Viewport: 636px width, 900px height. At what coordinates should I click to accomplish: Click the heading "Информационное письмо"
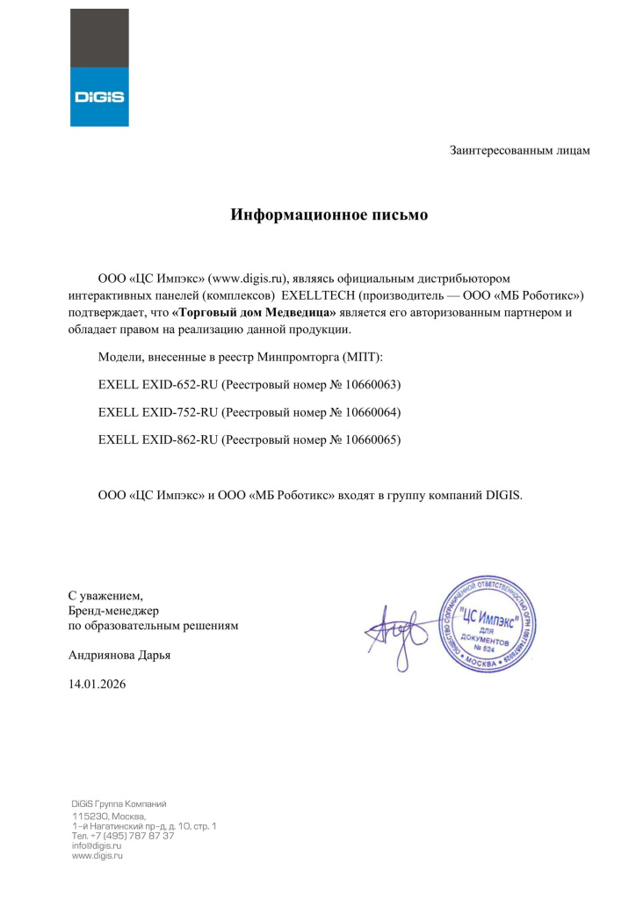[329, 214]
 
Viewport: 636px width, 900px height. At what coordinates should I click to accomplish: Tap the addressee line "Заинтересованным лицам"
[520, 150]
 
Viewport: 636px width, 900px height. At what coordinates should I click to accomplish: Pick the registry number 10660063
[372, 385]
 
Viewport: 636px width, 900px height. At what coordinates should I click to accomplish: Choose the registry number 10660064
[372, 412]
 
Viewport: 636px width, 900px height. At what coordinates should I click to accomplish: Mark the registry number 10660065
[372, 439]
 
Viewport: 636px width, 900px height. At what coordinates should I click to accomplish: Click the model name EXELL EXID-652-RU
[157, 385]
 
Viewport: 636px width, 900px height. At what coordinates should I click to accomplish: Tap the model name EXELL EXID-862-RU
[157, 439]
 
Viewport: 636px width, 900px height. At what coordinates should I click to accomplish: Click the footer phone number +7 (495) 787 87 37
[122, 836]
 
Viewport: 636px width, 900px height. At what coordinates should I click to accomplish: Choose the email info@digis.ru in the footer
[96, 846]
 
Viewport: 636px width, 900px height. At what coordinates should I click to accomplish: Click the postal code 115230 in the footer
[90, 817]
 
